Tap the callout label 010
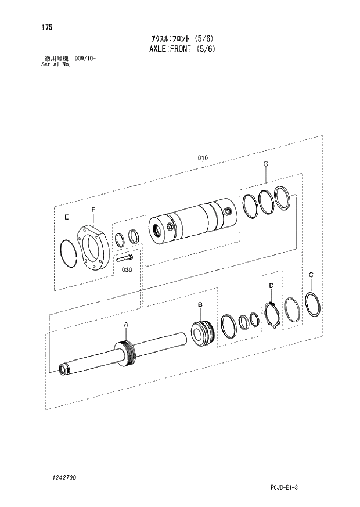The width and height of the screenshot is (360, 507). click(x=203, y=158)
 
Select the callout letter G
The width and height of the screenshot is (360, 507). click(x=265, y=164)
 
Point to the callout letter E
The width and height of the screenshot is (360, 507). click(x=67, y=217)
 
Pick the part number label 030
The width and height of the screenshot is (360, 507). click(x=127, y=270)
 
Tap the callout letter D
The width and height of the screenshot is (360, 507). click(x=271, y=285)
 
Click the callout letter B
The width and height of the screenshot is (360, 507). click(x=200, y=304)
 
